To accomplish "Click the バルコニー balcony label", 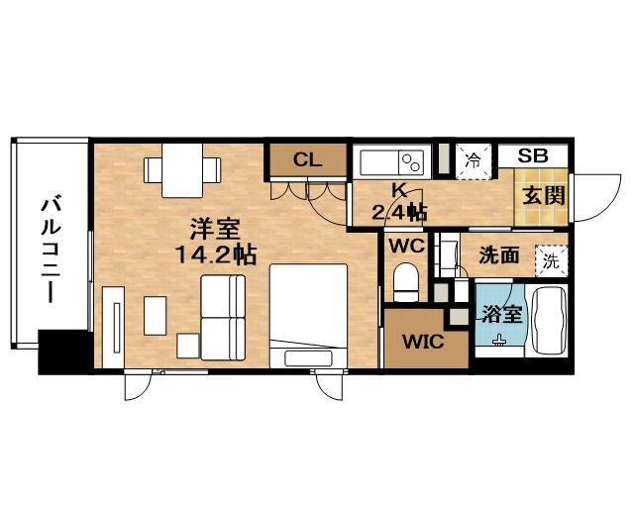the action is tap(52, 250).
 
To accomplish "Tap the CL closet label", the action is tap(307, 160).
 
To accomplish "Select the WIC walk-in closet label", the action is tap(423, 342).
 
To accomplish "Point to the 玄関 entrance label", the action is tap(544, 196).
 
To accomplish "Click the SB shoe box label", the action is tap(533, 155).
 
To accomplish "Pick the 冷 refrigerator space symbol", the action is tap(474, 161).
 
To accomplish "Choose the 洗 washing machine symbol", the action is tap(551, 261).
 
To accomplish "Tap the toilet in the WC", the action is tap(405, 282).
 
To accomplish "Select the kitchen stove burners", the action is tap(411, 162).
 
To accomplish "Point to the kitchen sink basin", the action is tap(378, 162).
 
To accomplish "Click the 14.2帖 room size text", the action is tap(216, 255).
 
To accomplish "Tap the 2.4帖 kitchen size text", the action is tap(399, 212).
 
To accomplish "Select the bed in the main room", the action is tap(308, 316).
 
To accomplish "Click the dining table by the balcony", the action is tap(182, 170).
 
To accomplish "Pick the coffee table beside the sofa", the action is tap(156, 316).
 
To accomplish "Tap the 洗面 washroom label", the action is tap(499, 255).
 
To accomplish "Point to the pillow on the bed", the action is tap(308, 358).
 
